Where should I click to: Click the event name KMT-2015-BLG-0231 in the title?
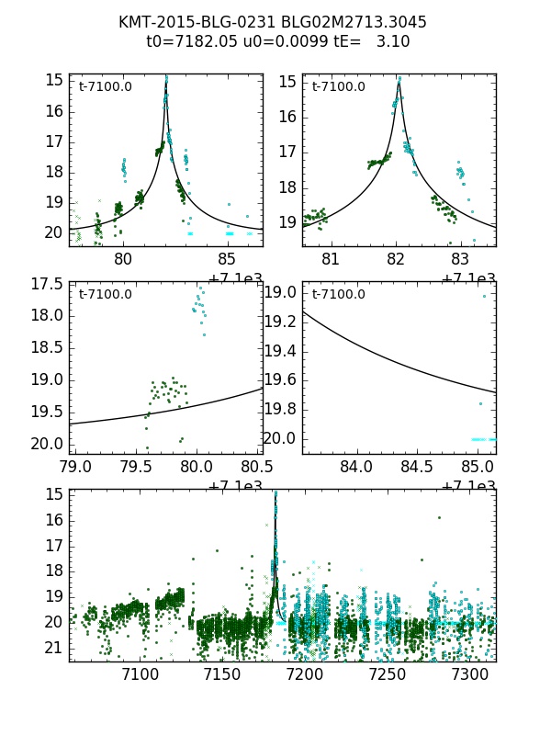tap(177, 22)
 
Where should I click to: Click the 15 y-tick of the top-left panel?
tap(54, 80)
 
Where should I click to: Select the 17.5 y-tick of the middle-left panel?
tap(47, 284)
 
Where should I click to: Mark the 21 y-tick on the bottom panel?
tap(54, 648)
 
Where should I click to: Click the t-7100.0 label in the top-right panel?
tap(339, 87)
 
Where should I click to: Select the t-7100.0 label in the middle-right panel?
tap(339, 294)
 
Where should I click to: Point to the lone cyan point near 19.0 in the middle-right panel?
tap(484, 296)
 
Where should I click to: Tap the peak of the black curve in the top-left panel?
tap(166, 81)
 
